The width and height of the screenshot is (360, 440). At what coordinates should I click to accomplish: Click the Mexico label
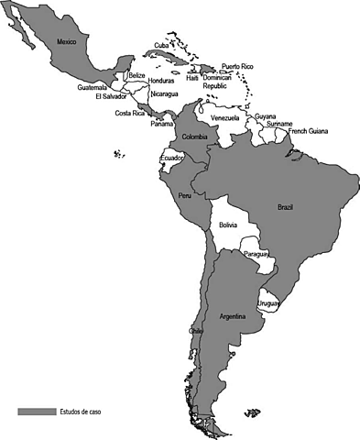click(66, 41)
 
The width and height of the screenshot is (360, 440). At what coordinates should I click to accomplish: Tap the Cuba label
click(161, 45)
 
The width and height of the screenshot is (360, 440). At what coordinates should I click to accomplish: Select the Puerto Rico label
click(237, 67)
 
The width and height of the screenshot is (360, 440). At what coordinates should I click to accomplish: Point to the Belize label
click(137, 75)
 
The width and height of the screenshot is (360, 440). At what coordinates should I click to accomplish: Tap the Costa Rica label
click(129, 114)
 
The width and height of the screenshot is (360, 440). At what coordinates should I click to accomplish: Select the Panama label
click(162, 124)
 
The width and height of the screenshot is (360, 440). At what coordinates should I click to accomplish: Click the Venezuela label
click(225, 118)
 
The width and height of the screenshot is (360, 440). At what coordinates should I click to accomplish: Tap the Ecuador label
click(171, 159)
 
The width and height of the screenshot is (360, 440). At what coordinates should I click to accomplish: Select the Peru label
click(184, 196)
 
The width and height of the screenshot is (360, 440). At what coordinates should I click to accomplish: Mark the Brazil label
click(285, 207)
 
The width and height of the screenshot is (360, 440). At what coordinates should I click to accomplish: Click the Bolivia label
click(228, 225)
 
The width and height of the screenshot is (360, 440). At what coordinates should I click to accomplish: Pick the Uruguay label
click(267, 303)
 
